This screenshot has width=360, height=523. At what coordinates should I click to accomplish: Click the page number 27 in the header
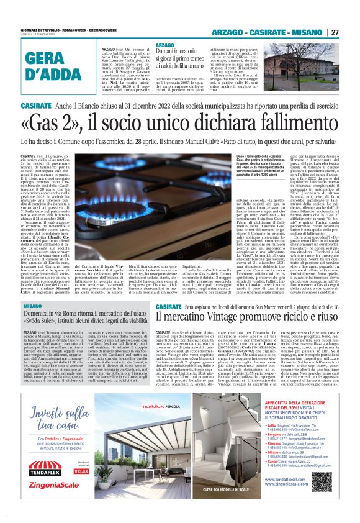[x=335, y=32]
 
